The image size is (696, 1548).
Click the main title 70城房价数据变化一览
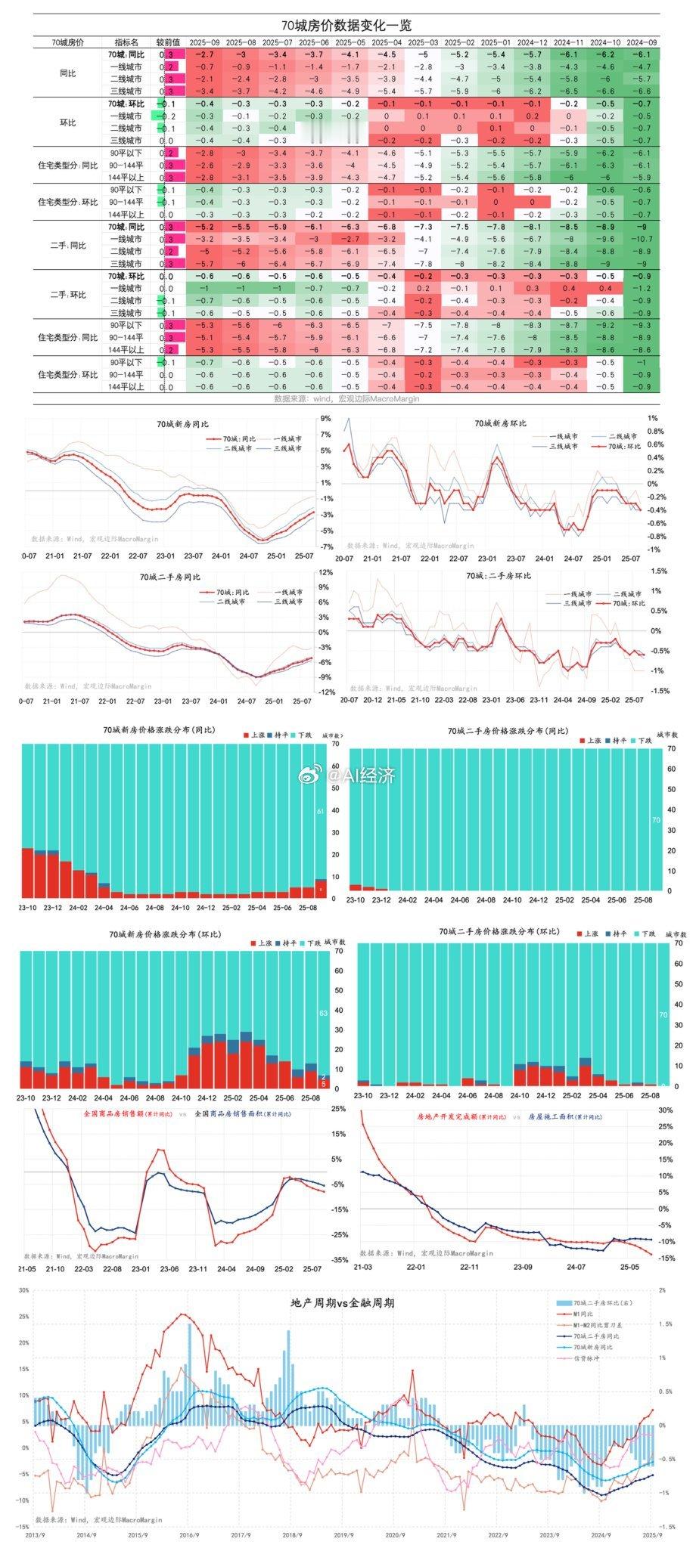click(x=346, y=26)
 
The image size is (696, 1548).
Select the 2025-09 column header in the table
click(x=204, y=42)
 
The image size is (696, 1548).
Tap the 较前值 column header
click(x=167, y=42)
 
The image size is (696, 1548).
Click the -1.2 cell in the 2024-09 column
click(x=641, y=289)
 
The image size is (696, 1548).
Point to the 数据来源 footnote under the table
click(x=346, y=398)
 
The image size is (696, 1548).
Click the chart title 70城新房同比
click(x=168, y=425)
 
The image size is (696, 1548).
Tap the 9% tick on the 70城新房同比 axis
click(x=325, y=418)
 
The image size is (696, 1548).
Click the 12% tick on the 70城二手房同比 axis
click(x=325, y=572)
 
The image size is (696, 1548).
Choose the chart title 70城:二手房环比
click(x=499, y=576)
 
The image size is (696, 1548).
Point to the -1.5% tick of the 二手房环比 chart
click(x=660, y=690)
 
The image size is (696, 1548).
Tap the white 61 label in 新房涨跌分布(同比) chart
click(x=320, y=811)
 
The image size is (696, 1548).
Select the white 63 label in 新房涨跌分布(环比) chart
click(x=323, y=1012)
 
